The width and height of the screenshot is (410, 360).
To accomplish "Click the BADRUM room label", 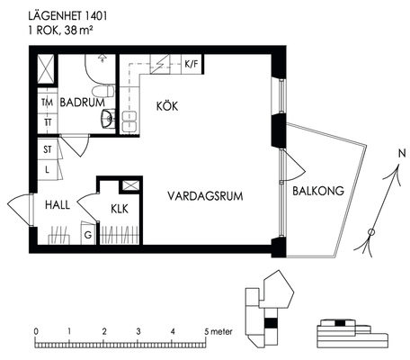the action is click(x=82, y=103).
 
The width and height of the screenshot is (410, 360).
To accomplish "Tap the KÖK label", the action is click(x=167, y=106).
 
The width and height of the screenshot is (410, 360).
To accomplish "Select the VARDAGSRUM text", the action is click(x=205, y=196).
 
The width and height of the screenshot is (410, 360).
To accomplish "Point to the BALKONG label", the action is click(x=318, y=191).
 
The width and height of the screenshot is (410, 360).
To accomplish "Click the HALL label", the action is click(x=58, y=205).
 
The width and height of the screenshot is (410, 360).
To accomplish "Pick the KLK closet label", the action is click(x=120, y=209).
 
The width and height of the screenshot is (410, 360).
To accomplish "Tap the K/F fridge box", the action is click(x=192, y=64).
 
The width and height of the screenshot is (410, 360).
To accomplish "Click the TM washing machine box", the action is click(x=48, y=102).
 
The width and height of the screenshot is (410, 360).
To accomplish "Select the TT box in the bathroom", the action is click(x=48, y=123).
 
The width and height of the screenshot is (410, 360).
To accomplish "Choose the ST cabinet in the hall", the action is click(x=48, y=149).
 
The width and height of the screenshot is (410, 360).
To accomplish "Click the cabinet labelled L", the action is click(x=48, y=169).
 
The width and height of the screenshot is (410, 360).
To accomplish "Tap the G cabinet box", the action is click(x=88, y=234).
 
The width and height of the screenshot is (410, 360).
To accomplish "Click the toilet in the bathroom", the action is click(x=103, y=91).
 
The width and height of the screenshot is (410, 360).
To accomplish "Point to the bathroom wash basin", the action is click(x=108, y=119).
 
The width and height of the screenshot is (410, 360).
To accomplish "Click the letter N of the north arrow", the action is click(x=402, y=154).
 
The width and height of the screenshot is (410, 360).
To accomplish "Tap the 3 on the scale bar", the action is click(x=138, y=331).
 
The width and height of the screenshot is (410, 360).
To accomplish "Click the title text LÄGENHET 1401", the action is click(x=67, y=16).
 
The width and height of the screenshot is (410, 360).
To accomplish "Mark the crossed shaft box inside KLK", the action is click(x=130, y=185).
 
